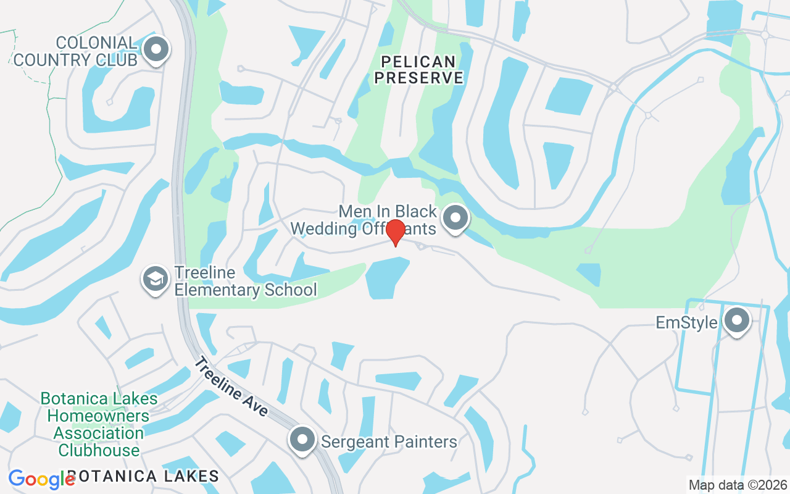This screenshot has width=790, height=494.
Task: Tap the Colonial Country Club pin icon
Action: click(x=157, y=49)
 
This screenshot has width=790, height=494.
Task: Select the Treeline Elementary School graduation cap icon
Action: click(x=156, y=279)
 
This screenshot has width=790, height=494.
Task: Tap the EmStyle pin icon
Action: click(x=736, y=321)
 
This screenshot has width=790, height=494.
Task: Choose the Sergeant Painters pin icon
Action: click(x=302, y=440)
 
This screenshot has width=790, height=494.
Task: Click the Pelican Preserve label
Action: click(x=419, y=70)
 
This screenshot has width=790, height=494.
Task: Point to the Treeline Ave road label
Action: click(x=231, y=387)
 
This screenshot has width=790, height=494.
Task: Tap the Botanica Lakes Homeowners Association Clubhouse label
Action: click(x=99, y=424)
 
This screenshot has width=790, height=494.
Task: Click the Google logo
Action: click(x=41, y=479)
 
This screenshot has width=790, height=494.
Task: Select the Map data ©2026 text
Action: click(x=738, y=485)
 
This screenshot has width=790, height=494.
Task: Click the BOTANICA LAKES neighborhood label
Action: click(x=143, y=476)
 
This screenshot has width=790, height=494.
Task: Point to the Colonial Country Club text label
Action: click(x=75, y=51)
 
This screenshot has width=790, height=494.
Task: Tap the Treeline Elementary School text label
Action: click(x=245, y=281)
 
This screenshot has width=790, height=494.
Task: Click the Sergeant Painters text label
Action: click(x=389, y=442)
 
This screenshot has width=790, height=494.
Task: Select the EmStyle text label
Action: click(x=686, y=323)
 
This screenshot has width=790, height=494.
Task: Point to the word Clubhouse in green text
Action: click(x=99, y=450)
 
